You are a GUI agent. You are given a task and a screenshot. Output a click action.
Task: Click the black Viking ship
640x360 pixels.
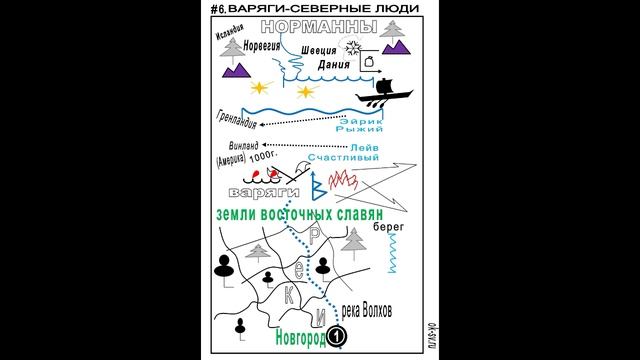click(x=384, y=94)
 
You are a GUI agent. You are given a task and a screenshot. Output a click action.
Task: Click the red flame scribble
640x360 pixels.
click(x=342, y=181)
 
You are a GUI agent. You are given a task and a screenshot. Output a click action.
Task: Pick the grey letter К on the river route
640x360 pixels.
click(x=288, y=295)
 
